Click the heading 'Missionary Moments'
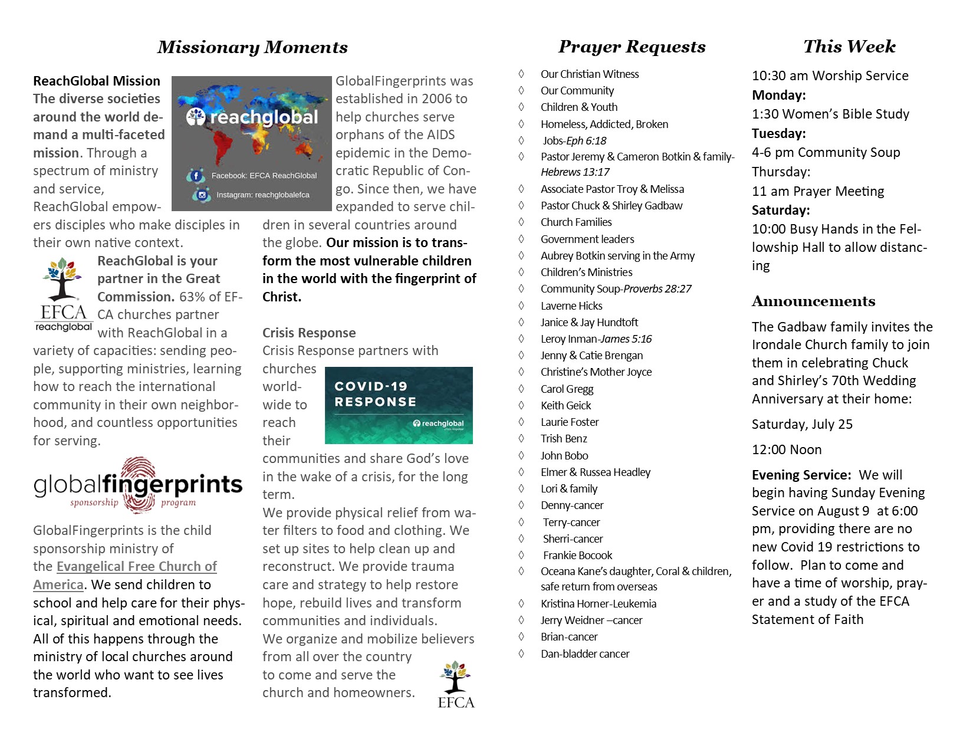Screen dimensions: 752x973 (252, 47)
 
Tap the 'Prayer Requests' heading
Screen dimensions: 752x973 (632, 47)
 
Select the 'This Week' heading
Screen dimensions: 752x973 (849, 47)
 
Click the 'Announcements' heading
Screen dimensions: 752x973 (813, 301)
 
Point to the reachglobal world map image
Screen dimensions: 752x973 (252, 143)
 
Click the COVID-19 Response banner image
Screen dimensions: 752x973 (399, 405)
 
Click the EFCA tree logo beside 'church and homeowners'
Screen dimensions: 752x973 (456, 685)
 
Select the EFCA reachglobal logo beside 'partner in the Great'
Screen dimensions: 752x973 (63, 295)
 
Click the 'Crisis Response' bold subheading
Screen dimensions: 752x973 (309, 333)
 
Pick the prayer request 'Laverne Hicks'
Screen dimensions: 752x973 (571, 306)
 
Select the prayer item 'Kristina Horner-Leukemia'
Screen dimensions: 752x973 (599, 603)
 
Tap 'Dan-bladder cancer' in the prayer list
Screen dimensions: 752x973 (585, 654)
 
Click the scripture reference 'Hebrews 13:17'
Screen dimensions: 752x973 (575, 172)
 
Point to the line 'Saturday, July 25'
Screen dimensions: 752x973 (802, 424)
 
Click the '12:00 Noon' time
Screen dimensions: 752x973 (787, 449)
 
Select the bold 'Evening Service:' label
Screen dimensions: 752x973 (801, 475)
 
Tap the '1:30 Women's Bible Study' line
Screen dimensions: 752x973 (830, 114)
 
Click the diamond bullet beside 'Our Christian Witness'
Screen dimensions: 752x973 (521, 74)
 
